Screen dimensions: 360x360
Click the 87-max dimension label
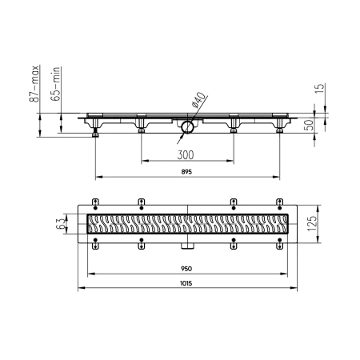(34, 84)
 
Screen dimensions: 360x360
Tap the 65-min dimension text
(56, 83)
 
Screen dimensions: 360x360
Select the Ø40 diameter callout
(198, 100)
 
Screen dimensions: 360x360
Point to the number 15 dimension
(320, 88)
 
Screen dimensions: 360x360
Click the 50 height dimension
(309, 125)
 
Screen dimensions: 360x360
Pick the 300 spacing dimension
(186, 155)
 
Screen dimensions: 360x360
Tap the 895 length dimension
(186, 172)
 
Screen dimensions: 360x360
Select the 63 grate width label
(60, 223)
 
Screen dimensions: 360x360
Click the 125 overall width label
(312, 223)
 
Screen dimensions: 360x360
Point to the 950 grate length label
(186, 269)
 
